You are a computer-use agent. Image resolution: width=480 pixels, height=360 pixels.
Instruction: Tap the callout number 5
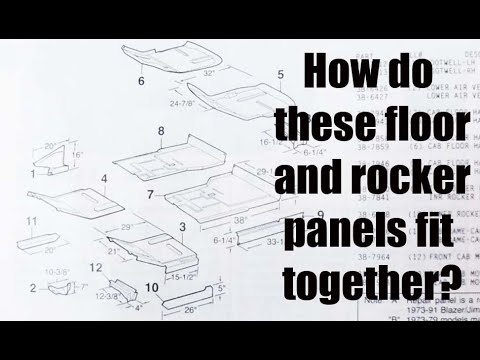click(280, 74)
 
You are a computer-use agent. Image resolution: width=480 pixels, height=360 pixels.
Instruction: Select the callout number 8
click(160, 131)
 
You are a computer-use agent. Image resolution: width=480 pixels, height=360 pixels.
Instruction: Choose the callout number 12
click(94, 268)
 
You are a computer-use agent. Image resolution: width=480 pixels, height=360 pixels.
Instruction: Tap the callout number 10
click(150, 288)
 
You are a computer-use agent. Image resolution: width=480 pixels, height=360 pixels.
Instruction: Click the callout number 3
click(182, 228)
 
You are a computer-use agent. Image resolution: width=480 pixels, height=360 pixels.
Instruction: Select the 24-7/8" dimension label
click(182, 103)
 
